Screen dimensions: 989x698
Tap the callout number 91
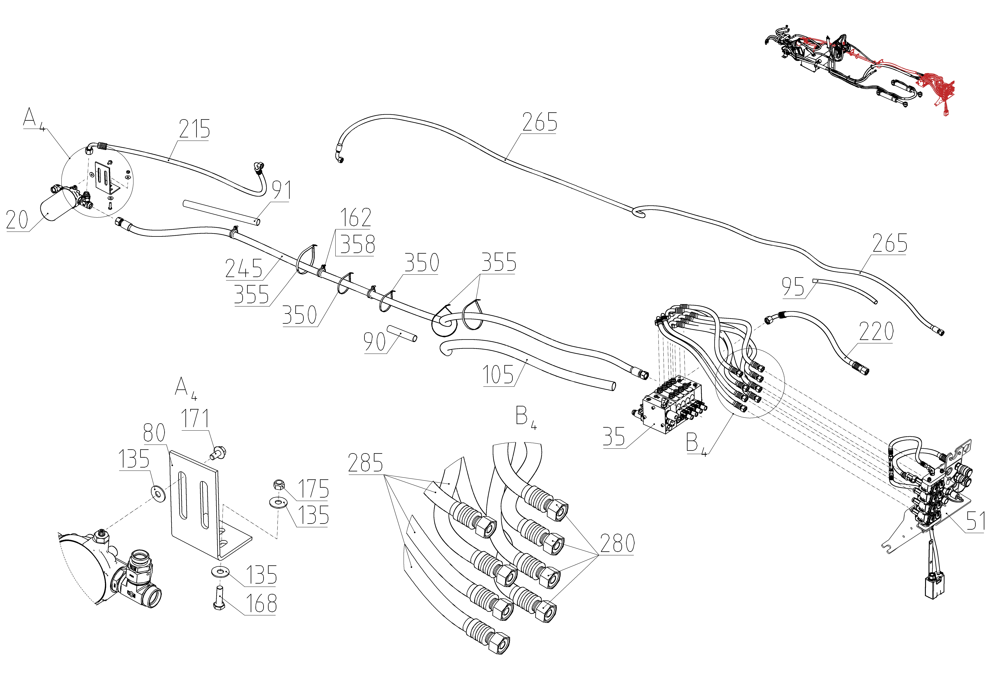click(x=282, y=190)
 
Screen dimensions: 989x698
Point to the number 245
click(x=244, y=268)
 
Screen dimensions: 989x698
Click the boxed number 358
click(x=358, y=244)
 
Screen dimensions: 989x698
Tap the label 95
click(x=793, y=287)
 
